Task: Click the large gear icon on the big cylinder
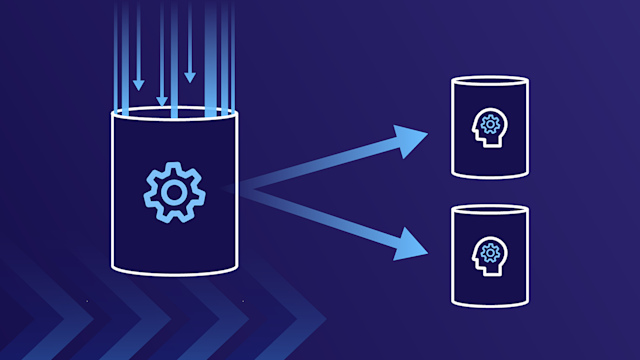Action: click(174, 189)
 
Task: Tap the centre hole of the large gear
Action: click(174, 189)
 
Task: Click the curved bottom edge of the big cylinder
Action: click(175, 271)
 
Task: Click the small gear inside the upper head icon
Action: click(489, 124)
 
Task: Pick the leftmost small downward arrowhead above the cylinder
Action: click(139, 84)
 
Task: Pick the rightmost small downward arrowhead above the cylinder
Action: click(189, 76)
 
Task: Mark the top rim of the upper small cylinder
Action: click(489, 81)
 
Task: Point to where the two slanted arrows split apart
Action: click(246, 187)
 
